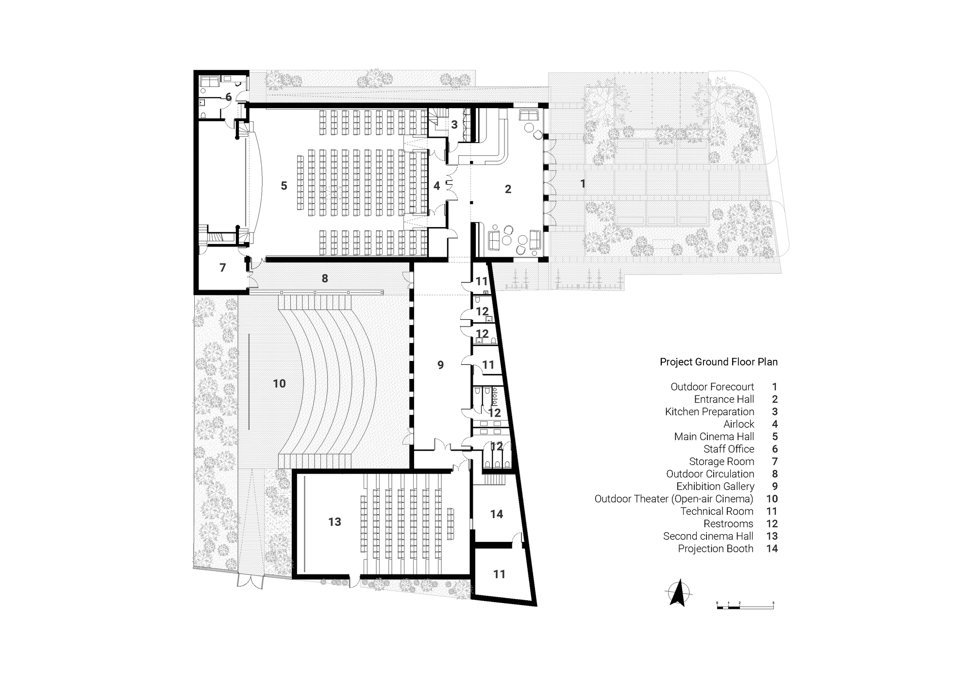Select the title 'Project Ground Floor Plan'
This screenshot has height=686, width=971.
pyautogui.click(x=719, y=362)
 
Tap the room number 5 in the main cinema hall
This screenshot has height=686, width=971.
pyautogui.click(x=284, y=186)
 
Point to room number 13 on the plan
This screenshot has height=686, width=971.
pyautogui.click(x=335, y=522)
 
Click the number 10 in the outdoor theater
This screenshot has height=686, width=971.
pyautogui.click(x=279, y=384)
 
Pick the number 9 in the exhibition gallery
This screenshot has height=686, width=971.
pyautogui.click(x=440, y=365)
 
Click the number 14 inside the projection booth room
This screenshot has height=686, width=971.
pyautogui.click(x=496, y=514)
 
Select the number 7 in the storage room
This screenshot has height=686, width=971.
pyautogui.click(x=223, y=268)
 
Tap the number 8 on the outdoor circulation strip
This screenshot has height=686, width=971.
pyautogui.click(x=325, y=278)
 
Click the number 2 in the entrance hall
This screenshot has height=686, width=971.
pyautogui.click(x=508, y=189)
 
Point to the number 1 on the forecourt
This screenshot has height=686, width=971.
pyautogui.click(x=583, y=184)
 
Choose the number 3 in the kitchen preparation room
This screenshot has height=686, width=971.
pyautogui.click(x=454, y=125)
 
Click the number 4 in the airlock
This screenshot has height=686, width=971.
pyautogui.click(x=436, y=186)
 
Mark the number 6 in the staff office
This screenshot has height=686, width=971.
pyautogui.click(x=228, y=97)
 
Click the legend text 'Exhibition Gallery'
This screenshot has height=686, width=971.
pyautogui.click(x=715, y=487)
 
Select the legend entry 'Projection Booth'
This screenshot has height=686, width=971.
pyautogui.click(x=716, y=549)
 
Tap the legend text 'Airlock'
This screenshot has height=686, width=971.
pyautogui.click(x=738, y=425)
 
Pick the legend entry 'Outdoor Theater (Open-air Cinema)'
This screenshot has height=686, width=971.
pyautogui.click(x=674, y=499)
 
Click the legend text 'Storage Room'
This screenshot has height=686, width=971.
pyautogui.click(x=721, y=462)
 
